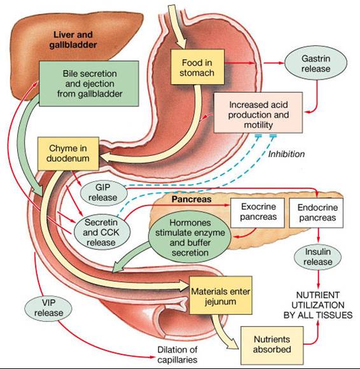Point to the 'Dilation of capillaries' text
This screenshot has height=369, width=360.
[181, 354]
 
